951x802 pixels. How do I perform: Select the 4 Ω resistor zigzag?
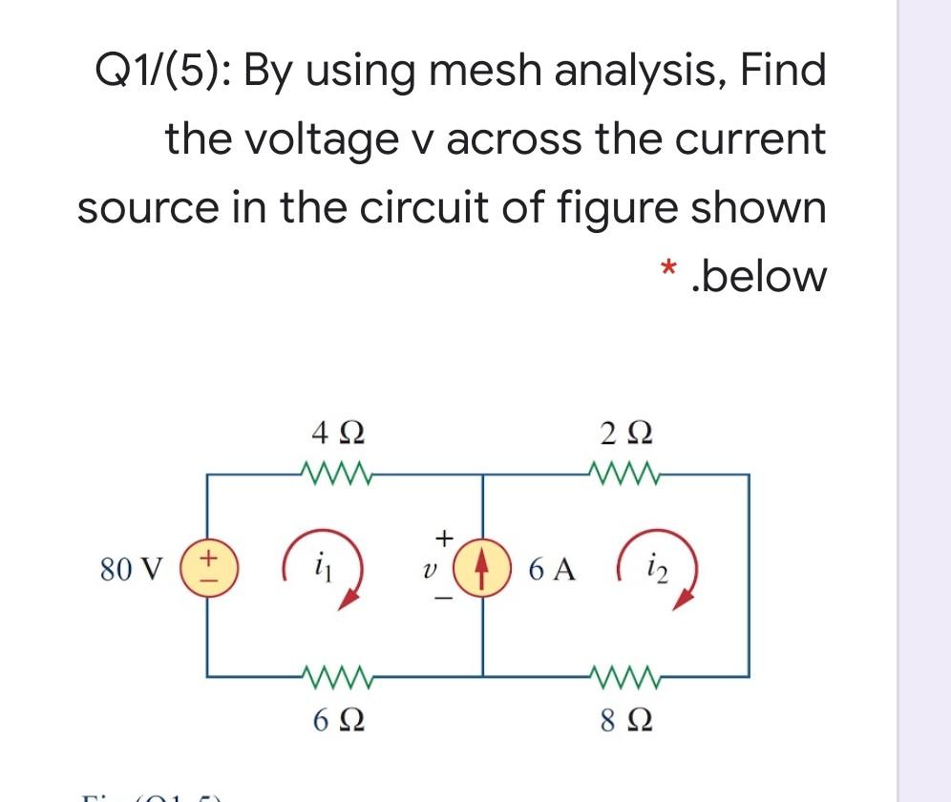click(x=330, y=473)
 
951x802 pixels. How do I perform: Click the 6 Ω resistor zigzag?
click(x=330, y=679)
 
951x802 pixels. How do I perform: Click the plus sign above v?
click(x=442, y=537)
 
